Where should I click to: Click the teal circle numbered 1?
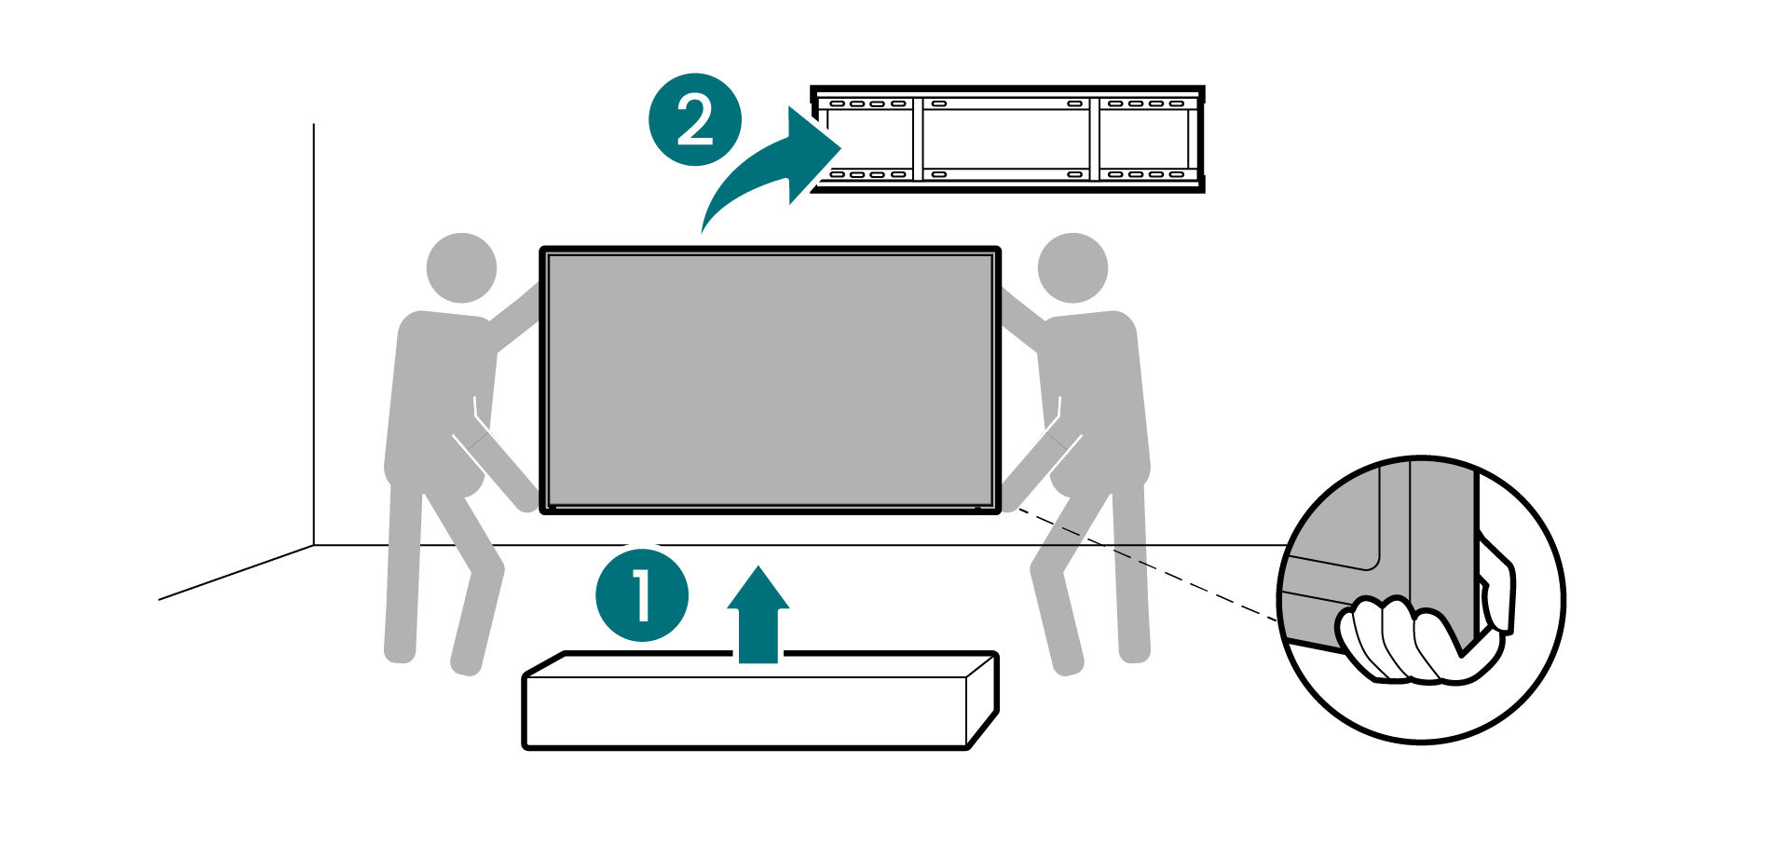coord(642,594)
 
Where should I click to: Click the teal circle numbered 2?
coord(695,120)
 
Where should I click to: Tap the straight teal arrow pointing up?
coord(758,615)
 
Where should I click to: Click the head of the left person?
coord(461,267)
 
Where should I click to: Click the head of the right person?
coord(1072,267)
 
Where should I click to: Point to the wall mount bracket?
coord(1007,139)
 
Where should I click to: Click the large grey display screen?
coord(770,380)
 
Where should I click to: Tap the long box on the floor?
coord(759,700)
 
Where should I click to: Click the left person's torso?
coord(438,401)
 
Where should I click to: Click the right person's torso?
coord(1097,401)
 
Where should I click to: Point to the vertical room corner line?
coord(314,334)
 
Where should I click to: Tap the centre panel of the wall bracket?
coord(1005,139)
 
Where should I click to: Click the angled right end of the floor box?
coord(983,700)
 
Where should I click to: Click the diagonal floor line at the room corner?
coord(236,572)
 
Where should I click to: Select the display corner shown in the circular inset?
coord(1379,559)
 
